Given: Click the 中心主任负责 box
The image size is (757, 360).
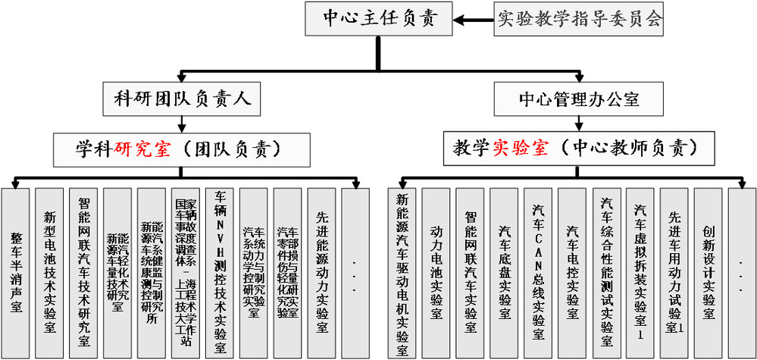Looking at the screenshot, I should (x=380, y=18).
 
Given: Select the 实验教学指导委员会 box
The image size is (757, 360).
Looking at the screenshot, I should (x=579, y=18).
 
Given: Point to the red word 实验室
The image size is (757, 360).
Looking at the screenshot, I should (x=520, y=148).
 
